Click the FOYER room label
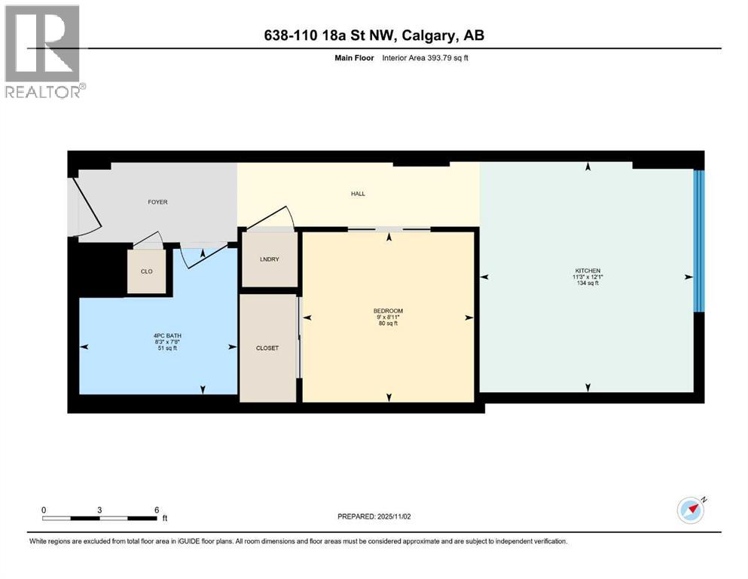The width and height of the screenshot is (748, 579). (x=157, y=202)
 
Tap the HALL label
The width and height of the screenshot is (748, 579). (x=358, y=194)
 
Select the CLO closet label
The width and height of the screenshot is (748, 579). (x=147, y=271)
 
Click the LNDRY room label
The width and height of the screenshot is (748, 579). (x=269, y=259)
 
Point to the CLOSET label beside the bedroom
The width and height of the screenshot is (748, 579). (x=267, y=348)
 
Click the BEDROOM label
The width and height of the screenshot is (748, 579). (x=388, y=311)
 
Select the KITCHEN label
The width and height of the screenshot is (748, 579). (x=587, y=271)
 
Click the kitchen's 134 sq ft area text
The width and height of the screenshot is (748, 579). (x=587, y=283)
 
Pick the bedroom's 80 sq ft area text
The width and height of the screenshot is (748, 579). (x=388, y=324)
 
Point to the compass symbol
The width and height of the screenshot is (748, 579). (x=691, y=510)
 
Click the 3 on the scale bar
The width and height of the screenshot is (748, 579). (x=99, y=510)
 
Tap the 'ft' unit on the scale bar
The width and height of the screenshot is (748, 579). (x=164, y=519)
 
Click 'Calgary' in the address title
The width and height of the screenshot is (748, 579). (x=433, y=36)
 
